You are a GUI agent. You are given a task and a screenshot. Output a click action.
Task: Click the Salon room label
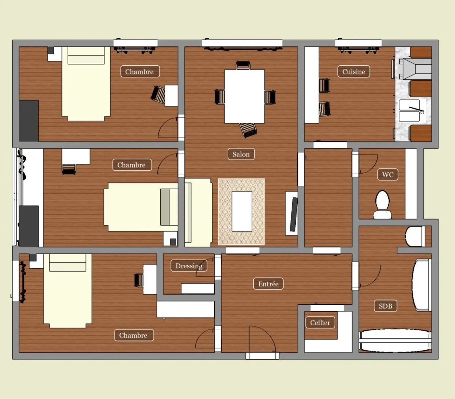tap(241, 154)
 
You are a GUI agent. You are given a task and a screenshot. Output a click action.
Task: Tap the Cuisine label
tap(353, 71)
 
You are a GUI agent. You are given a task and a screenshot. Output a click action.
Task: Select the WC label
tap(388, 174)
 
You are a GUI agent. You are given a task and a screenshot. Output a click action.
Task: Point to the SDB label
tap(385, 306)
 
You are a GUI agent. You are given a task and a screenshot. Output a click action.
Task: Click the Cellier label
tap(320, 323)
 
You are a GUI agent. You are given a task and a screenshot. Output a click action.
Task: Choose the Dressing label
tap(188, 266)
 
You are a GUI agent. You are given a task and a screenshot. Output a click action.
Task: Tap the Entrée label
tap(268, 283)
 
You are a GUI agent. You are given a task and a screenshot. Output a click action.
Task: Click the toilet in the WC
tap(382, 204)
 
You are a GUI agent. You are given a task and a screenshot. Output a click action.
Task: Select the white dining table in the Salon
tap(245, 96)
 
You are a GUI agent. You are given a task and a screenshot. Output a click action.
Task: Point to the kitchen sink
tap(409, 111)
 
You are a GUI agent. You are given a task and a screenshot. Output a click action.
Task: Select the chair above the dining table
tap(243, 65)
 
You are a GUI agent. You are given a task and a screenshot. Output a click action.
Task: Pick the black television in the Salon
tap(293, 214)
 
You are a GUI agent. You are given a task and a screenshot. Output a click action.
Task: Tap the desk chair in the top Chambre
tap(158, 95)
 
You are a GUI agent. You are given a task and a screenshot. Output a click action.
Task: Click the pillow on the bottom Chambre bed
tap(67, 263)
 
